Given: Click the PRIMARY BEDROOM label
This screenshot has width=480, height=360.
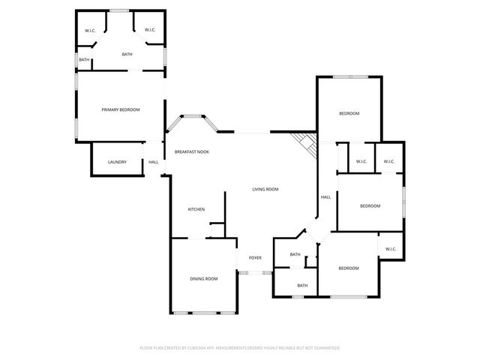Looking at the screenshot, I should [121, 110].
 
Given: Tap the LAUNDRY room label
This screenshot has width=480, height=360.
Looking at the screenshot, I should [117, 162].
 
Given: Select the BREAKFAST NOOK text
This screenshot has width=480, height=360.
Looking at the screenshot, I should [191, 152].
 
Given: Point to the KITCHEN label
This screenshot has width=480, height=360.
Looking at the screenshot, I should [196, 209].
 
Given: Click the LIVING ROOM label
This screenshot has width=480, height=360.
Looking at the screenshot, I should [265, 189].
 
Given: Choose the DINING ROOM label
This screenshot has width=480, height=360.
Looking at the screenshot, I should [203, 279].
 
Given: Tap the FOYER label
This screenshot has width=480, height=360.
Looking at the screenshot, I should [255, 258].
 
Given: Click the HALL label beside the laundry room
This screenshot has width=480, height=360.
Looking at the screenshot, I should [153, 162].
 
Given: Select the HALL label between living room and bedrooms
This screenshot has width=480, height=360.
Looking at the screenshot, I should [326, 197].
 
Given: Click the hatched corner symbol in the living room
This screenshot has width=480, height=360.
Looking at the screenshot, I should [305, 141].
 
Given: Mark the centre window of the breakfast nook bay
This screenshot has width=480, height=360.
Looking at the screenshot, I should [193, 115].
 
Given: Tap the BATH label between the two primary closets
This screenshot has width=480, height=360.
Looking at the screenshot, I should [127, 54].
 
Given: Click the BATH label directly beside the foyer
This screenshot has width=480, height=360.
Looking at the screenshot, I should [295, 254].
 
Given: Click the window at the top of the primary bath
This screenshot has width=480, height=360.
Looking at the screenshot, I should [120, 10].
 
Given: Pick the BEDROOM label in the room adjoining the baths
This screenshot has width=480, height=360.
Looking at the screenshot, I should [348, 268].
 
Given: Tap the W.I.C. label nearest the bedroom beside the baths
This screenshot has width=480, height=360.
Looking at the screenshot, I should [390, 249].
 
